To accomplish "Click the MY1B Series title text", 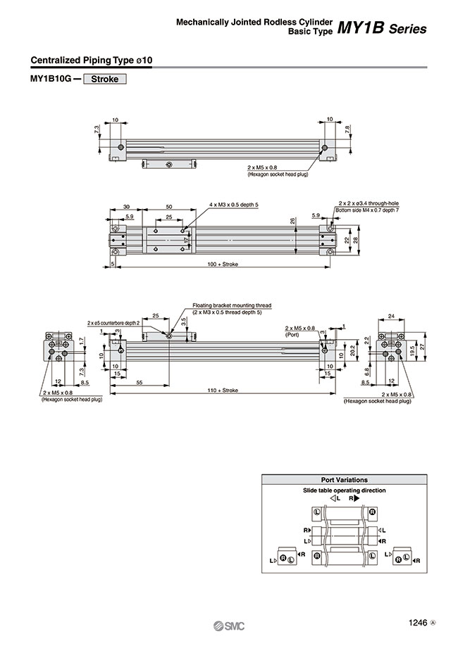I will [x=381, y=29].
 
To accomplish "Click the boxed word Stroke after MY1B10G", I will [x=104, y=80].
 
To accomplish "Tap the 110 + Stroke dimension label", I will [x=224, y=389].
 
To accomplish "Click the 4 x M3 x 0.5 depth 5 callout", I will [x=234, y=204].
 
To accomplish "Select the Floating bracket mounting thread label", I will [x=232, y=306].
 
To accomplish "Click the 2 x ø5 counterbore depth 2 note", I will [x=114, y=322].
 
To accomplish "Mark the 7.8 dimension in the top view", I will [x=348, y=129].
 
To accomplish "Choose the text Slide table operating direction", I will [x=344, y=490].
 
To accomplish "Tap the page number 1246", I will [x=417, y=621].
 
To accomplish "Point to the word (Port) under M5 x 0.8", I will [x=292, y=336].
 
